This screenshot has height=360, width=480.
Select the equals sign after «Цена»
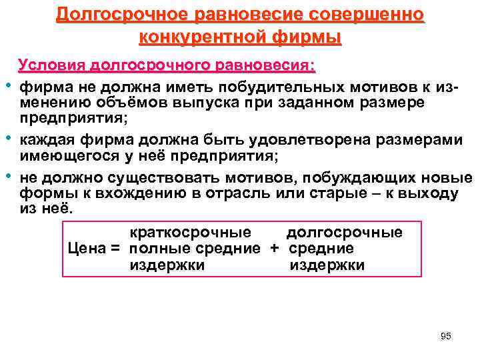click(x=115, y=249)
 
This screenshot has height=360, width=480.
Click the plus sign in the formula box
click(x=274, y=249)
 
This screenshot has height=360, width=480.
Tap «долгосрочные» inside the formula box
click(x=344, y=233)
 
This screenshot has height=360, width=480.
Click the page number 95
click(x=446, y=336)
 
